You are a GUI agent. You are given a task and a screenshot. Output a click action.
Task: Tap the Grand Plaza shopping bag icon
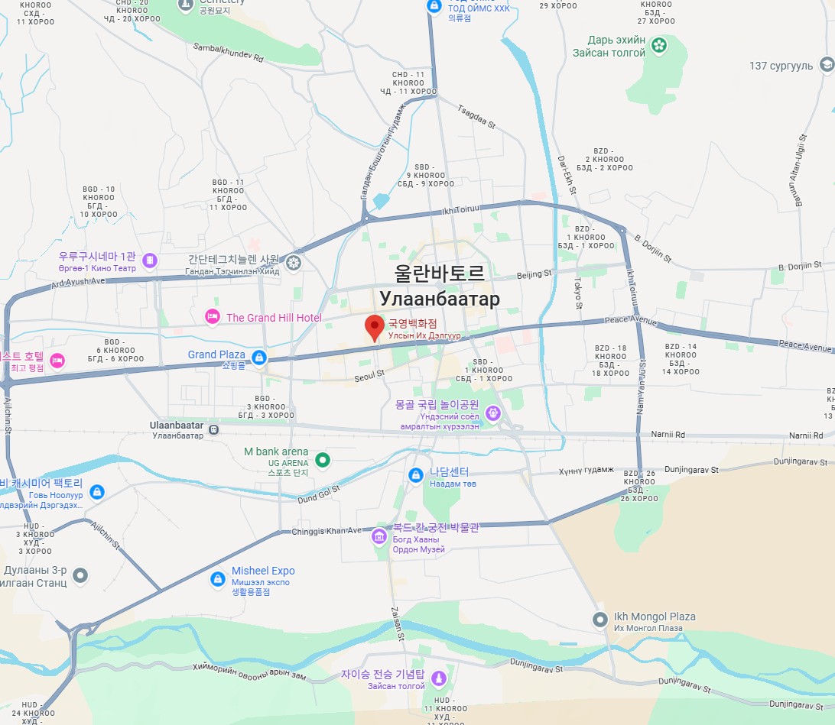coord(259,357)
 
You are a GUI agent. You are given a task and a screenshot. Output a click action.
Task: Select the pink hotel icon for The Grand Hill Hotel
coord(212,317)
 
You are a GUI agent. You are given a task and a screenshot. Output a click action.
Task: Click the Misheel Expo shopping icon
coord(218,580)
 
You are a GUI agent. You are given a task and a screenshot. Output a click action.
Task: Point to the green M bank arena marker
coord(323,460)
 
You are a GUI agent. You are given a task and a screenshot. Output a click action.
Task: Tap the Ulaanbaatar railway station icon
coord(215,429)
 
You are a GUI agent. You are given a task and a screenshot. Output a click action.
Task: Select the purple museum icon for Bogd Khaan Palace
coord(379,536)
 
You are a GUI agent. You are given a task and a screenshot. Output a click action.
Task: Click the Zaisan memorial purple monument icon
coord(439,678)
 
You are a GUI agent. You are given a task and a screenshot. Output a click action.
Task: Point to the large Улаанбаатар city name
coord(440,299)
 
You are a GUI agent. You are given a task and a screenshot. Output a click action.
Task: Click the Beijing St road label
coord(534,274)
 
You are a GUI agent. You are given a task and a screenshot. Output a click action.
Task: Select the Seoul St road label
coord(369,375)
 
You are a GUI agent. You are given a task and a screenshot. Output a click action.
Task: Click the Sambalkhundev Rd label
coord(228,52)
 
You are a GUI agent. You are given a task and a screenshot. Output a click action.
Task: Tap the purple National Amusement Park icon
coord(493,413)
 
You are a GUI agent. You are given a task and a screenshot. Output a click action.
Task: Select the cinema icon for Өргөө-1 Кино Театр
coord(149,261)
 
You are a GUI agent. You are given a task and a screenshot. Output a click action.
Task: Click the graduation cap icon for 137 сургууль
coord(826,65)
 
